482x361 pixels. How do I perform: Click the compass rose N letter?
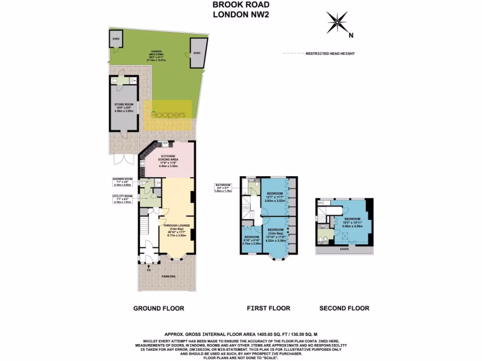coord(351,35)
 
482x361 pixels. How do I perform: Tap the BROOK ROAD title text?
coord(241,5)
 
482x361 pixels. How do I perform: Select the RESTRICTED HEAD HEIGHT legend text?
coord(330,54)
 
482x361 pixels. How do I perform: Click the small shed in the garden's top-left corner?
coord(116,39)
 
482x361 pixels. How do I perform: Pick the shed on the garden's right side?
coord(196,54)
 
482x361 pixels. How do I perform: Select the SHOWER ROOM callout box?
coord(122,182)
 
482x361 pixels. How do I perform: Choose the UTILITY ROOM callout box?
coord(122,199)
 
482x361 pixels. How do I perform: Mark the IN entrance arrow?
coord(149,267)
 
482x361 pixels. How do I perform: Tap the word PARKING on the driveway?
coord(168,276)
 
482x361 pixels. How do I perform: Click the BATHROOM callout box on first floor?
coord(223,188)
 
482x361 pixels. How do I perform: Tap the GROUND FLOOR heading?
coord(159,308)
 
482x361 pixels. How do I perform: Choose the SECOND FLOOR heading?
coord(344,308)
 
